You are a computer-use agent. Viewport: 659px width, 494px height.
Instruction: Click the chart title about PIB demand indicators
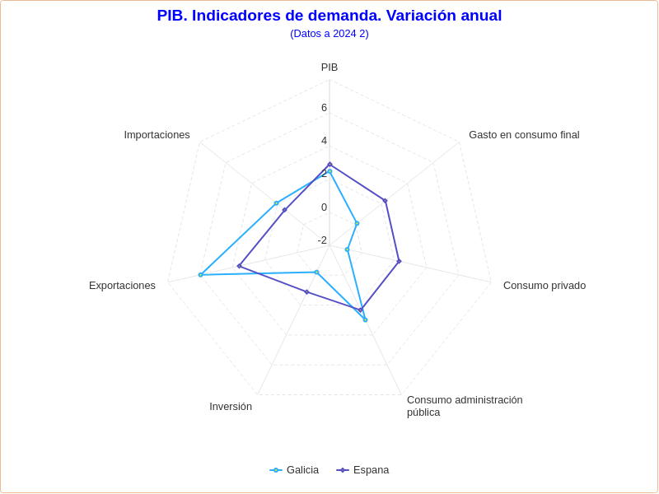(329, 16)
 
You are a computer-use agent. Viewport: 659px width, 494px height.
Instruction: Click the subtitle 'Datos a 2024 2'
(329, 34)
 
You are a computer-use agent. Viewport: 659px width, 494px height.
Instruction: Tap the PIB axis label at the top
(329, 68)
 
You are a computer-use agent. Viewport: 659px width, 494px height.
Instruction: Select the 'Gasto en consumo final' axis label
(524, 135)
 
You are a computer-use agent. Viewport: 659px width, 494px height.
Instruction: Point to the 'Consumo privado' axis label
(544, 286)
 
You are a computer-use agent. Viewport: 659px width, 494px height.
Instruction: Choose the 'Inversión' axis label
(231, 407)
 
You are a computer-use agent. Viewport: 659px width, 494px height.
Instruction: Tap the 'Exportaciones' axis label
(122, 286)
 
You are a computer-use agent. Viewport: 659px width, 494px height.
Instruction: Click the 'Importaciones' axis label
(157, 135)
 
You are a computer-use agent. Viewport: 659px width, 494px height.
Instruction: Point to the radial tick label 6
(324, 108)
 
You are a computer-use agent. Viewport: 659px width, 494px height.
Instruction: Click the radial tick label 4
(324, 141)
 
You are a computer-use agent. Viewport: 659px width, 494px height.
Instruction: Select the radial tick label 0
(324, 207)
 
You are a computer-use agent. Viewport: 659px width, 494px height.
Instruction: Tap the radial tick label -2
(322, 240)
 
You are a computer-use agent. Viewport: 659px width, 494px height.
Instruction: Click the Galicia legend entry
(294, 470)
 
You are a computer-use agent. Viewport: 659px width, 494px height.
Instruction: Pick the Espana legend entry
(362, 470)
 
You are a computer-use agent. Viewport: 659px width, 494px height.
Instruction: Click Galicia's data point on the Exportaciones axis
(200, 275)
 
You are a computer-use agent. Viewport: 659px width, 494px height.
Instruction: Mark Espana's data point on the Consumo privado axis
(399, 262)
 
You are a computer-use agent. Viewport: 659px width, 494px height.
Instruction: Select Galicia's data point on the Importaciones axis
(276, 203)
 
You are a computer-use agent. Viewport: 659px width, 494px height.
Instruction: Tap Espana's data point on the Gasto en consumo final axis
(385, 201)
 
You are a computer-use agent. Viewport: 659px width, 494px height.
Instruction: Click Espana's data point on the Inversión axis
(306, 292)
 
